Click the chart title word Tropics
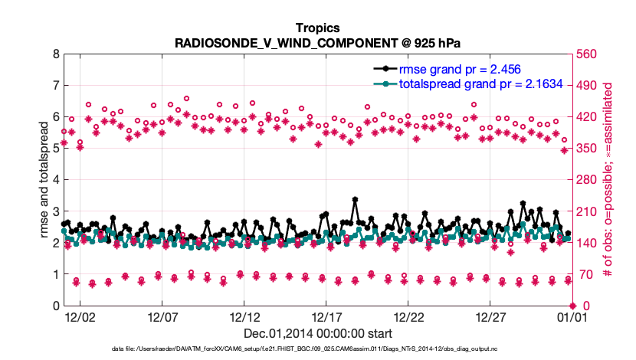pos(317,27)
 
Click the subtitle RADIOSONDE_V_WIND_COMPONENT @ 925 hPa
pos(317,42)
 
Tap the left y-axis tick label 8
pos(55,54)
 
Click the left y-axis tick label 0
pos(55,306)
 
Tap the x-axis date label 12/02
pos(80,316)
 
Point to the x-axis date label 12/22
pos(409,316)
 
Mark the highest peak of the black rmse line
pos(356,199)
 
